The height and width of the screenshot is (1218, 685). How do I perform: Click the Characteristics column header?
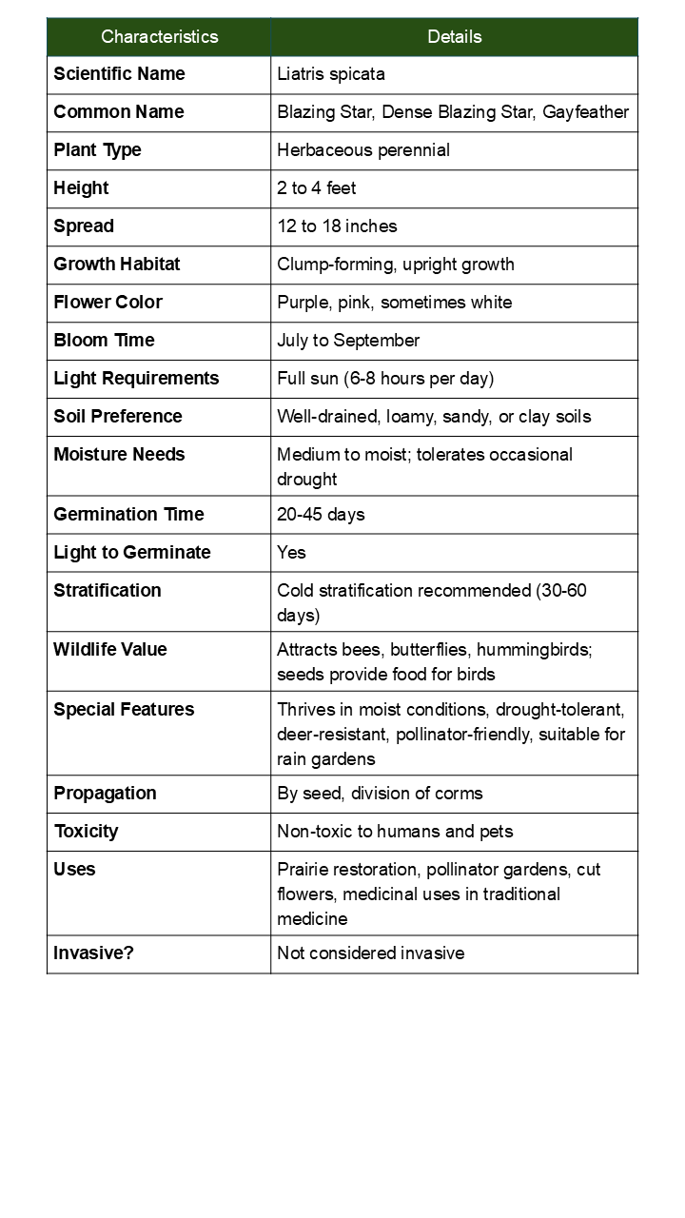click(159, 37)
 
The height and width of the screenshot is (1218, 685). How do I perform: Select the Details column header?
click(454, 37)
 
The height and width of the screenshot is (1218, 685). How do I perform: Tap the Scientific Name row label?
click(119, 74)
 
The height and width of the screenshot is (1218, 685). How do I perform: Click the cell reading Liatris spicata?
click(330, 74)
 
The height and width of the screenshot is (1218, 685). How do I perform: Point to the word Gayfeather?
click(585, 112)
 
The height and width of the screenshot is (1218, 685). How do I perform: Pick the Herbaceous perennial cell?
click(363, 150)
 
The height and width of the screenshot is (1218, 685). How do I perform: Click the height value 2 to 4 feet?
click(316, 188)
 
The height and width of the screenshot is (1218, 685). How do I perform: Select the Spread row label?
click(84, 226)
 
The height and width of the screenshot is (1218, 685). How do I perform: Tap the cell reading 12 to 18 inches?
click(337, 226)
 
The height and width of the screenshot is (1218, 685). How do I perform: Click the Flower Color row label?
click(108, 303)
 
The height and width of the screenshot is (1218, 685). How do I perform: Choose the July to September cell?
click(348, 341)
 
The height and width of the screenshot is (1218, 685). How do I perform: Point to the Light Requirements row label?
click(136, 379)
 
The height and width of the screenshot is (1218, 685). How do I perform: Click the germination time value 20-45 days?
click(321, 515)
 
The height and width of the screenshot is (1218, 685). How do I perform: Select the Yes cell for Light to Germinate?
click(291, 553)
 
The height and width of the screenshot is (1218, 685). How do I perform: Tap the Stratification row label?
click(108, 591)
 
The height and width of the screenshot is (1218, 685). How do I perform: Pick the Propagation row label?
click(105, 794)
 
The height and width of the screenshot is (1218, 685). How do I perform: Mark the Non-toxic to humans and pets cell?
click(395, 832)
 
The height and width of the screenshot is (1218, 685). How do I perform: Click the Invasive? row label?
click(93, 953)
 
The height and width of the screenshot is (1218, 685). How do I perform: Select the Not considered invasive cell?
click(370, 953)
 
